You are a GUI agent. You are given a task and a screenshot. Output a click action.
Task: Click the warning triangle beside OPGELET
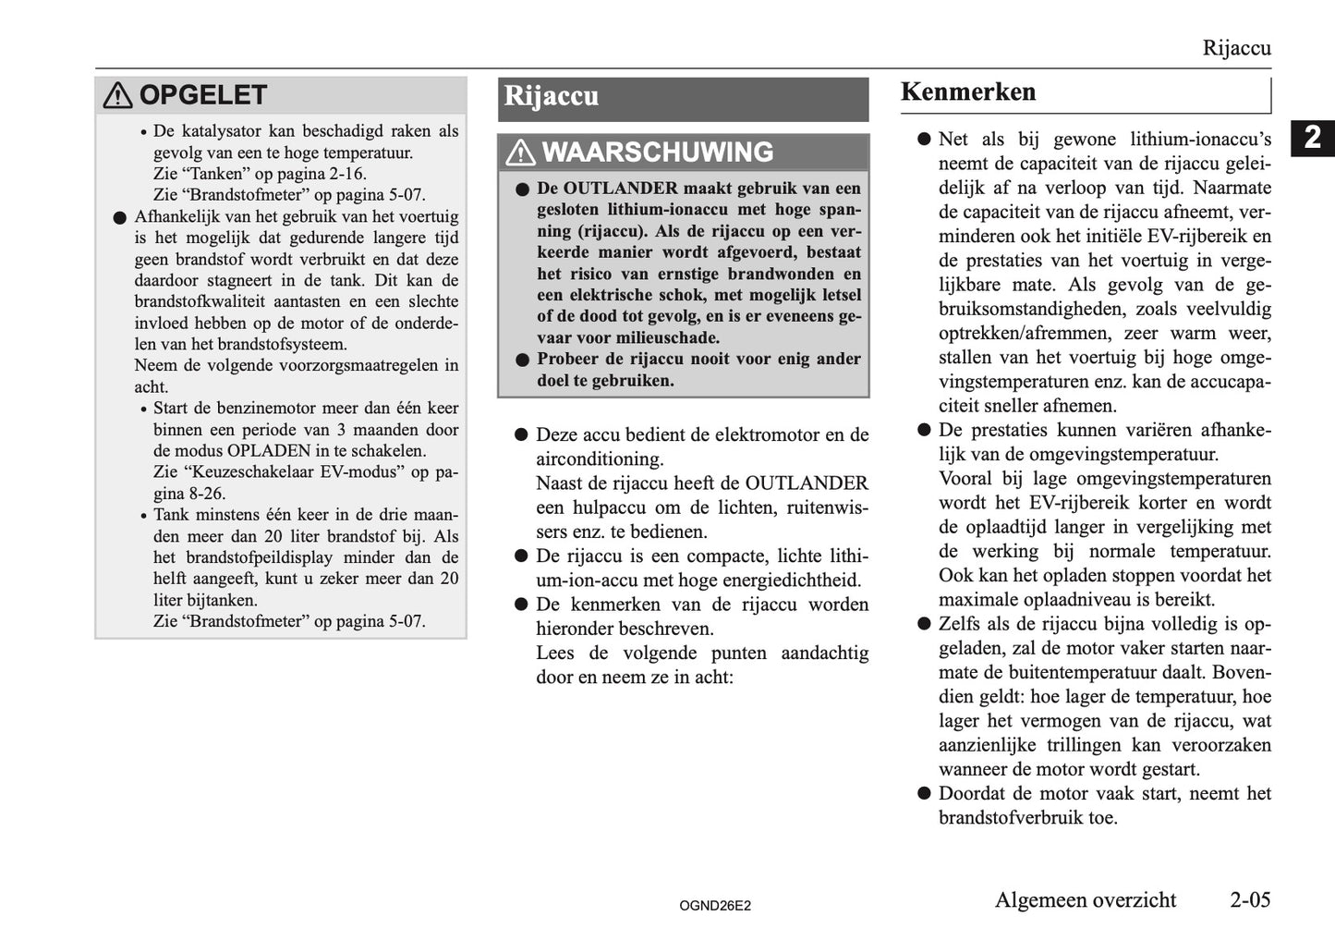coord(117,95)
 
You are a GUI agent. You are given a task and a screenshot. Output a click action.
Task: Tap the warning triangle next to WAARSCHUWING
coord(521,153)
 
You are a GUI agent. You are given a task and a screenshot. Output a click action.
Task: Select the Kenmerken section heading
coord(968,92)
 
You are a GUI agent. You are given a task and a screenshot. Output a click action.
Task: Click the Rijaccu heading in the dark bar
coord(551,96)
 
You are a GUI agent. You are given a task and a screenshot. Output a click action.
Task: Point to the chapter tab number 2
coord(1312,137)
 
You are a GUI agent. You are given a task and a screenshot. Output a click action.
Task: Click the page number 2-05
coord(1249,899)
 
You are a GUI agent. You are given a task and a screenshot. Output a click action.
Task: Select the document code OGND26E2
coord(714,906)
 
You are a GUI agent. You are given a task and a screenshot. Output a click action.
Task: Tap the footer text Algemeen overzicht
coord(1085,899)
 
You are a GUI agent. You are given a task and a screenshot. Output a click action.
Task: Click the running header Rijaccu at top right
coord(1236,48)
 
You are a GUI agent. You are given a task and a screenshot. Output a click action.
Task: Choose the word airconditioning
coord(600,459)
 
